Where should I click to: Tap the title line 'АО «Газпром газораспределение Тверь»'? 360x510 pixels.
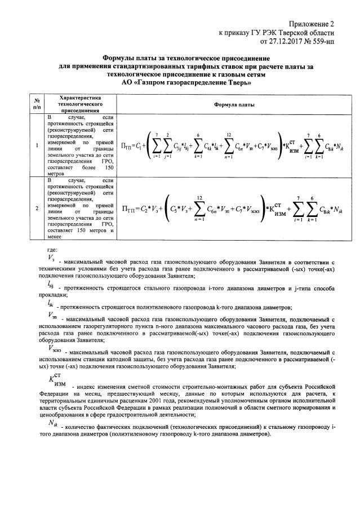[186, 82]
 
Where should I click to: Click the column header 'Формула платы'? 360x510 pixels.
[234, 105]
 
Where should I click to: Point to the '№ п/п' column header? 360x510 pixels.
[37, 102]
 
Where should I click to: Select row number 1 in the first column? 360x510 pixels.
[37, 146]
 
